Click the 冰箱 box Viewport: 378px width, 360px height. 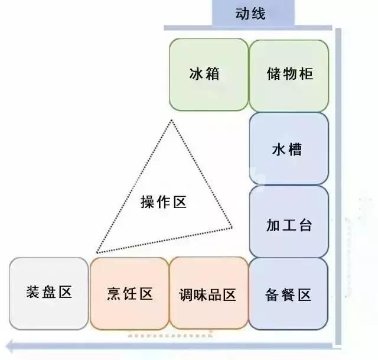pos(208,74)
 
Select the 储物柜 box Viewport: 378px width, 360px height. pos(289,76)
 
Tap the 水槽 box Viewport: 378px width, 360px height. pos(289,148)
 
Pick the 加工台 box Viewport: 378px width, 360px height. pos(289,222)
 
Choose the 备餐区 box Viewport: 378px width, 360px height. pos(289,294)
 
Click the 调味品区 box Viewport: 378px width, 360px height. pos(208,293)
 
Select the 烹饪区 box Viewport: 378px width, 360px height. pos(129,294)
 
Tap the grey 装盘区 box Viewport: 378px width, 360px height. pos(49,294)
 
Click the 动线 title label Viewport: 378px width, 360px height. pos(250,14)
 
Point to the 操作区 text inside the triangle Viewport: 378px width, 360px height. pos(164,202)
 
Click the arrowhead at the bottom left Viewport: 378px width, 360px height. pos(9,347)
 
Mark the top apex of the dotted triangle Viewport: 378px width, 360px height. pos(172,120)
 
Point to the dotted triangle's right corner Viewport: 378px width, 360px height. pos(232,227)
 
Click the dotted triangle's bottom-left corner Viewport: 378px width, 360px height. pos(97,252)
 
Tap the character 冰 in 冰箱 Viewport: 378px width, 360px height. pos(196,73)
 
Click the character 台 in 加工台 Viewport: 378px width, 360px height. pos(306,225)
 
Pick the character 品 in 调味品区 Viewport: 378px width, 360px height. pos(215,295)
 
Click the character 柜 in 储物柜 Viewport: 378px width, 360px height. pos(307,73)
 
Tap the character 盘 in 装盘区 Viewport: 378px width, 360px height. pos(49,292)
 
